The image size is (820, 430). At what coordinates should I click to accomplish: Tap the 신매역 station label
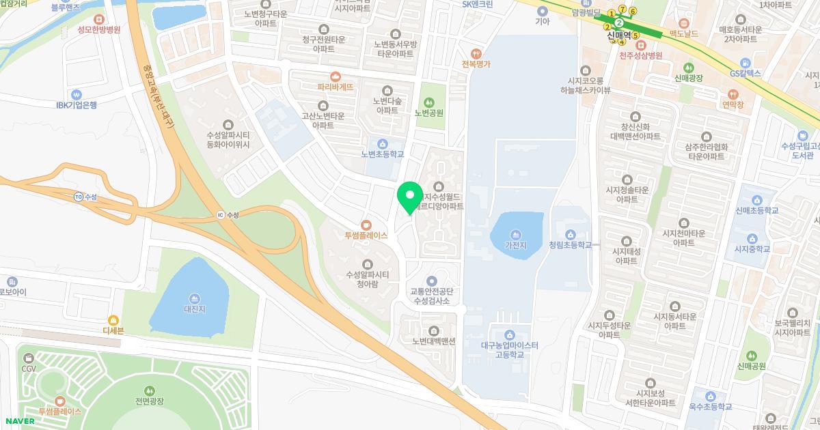[x=619, y=35]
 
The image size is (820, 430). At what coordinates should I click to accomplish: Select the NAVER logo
[x=19, y=420]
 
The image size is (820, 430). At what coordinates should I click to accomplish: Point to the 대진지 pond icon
[x=195, y=298]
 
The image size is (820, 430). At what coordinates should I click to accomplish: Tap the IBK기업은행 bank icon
[x=76, y=94]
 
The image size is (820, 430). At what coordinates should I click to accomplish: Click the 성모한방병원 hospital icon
[x=99, y=20]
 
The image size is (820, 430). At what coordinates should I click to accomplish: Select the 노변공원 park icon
[x=429, y=102]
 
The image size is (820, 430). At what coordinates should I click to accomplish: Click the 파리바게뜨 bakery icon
[x=335, y=76]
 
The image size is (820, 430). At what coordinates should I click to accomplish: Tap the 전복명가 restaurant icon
[x=477, y=53]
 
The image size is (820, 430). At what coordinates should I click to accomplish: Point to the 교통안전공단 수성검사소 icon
[x=430, y=281]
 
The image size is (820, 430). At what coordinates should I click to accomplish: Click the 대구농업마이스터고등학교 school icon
[x=509, y=334]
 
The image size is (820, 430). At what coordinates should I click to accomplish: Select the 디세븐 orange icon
[x=113, y=319]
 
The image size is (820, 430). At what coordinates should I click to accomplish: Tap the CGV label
[x=29, y=369]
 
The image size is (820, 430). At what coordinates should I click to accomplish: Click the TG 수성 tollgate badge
[x=79, y=197]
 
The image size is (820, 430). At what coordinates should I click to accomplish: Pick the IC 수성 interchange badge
[x=220, y=214]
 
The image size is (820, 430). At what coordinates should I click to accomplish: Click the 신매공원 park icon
[x=752, y=355]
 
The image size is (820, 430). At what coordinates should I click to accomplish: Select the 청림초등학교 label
[x=570, y=244]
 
